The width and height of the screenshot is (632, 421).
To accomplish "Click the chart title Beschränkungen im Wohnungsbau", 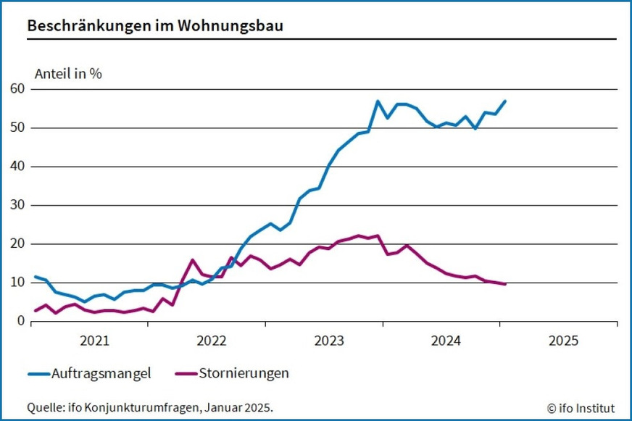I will coord(155,25).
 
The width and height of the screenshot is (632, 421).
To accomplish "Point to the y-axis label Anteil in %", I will coord(68,74).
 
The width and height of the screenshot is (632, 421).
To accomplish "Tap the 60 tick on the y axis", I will coord(17,89).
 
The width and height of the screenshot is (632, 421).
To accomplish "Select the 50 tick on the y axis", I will coord(17,128).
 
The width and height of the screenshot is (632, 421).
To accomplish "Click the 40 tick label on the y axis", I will coord(17,167).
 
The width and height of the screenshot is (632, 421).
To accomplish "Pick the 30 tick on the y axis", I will coord(17,205).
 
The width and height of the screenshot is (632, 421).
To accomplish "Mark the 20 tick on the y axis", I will coord(17,244).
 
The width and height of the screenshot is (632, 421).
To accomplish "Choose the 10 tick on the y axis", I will coord(17,283).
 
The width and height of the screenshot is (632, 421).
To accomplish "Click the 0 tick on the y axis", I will coord(21,322).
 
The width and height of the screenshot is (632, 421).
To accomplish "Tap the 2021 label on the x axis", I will coord(93,341).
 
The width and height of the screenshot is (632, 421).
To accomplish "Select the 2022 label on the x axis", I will coord(211,341).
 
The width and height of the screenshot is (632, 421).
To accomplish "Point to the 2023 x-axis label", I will coord(328,341).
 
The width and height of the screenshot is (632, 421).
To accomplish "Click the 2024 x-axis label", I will coord(445,341).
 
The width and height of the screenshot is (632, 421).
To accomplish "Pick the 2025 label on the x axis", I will coord(562,341).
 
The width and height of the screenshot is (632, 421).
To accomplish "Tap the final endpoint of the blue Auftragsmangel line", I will coord(505,101).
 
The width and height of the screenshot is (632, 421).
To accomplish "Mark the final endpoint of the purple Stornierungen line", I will coord(505,284).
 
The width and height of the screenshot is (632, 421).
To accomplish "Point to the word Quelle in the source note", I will coord(42,407).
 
